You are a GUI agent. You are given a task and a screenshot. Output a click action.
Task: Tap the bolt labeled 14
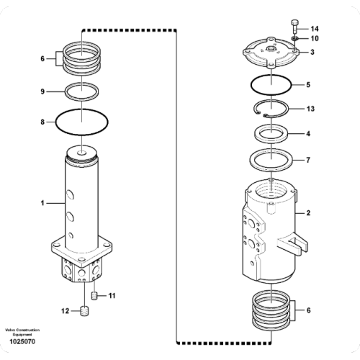click(x=295, y=27)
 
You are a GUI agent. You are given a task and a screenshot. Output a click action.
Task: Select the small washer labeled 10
click(x=295, y=38)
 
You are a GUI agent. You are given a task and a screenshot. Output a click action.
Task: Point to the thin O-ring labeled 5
click(x=271, y=85)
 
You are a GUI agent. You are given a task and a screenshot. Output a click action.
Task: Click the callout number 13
click(x=310, y=109)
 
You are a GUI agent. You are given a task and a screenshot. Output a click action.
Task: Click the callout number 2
click(x=308, y=213)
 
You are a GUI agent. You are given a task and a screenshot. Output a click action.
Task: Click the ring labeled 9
click(x=81, y=91)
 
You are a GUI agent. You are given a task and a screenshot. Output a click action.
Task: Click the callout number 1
click(x=42, y=204)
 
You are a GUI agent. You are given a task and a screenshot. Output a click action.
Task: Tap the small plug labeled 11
click(x=94, y=296)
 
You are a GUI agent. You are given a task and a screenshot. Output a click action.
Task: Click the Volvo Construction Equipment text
click(x=22, y=333)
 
